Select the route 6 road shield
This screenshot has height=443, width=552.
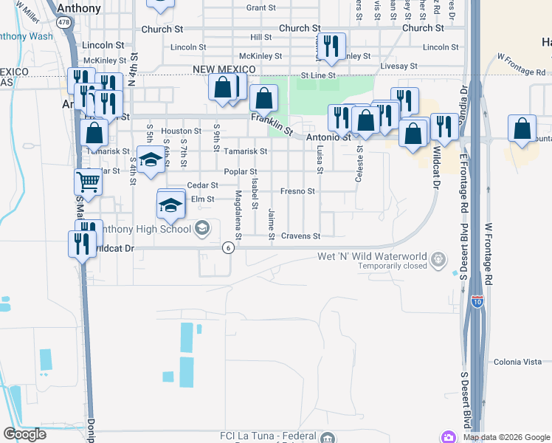point(230,247)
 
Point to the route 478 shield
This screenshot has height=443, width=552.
point(65,23)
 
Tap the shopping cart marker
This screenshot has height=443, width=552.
point(88,181)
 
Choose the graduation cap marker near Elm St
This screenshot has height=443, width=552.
point(170,205)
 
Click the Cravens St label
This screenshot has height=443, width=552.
point(300,236)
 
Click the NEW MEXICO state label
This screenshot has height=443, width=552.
point(224,69)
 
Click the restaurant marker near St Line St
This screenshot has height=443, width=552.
point(332,47)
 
